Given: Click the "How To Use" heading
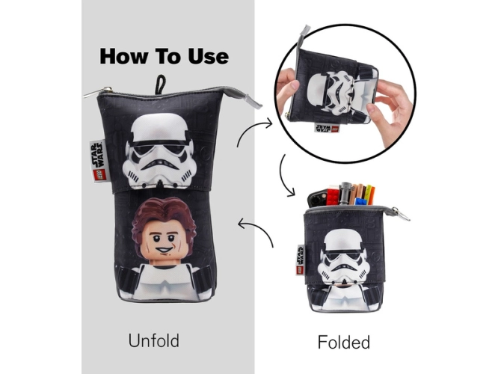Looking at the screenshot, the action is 165,57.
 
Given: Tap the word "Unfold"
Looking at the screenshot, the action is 154,340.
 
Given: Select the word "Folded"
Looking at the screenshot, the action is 344,342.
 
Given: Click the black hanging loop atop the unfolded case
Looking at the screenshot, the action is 160,85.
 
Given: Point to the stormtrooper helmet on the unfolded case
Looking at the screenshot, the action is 159,151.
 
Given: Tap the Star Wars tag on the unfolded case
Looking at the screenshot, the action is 97,161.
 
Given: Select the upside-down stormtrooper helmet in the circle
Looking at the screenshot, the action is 332,93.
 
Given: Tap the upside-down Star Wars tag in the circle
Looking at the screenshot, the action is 327,128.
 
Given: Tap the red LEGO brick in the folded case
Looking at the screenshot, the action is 332,197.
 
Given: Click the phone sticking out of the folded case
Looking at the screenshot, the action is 317,198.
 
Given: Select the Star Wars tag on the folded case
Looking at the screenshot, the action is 301,260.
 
